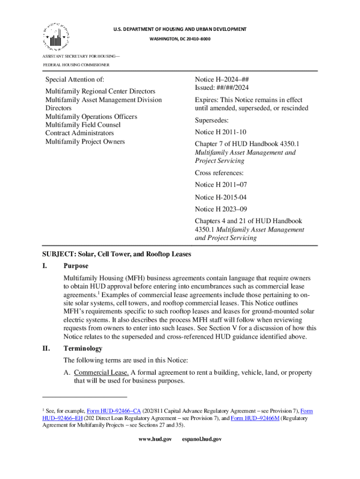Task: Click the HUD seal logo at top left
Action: [x=56, y=36]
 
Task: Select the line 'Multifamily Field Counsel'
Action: [x=83, y=125]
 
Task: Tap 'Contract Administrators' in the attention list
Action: [x=79, y=133]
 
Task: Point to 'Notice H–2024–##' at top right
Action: [x=221, y=80]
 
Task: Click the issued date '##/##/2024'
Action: [x=237, y=88]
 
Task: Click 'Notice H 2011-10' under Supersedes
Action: [x=221, y=132]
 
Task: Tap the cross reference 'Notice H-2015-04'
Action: [x=221, y=198]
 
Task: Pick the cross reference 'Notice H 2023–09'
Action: [x=221, y=210]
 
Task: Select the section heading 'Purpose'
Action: [x=76, y=266]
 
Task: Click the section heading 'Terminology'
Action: [x=83, y=348]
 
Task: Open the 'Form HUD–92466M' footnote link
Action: [x=255, y=419]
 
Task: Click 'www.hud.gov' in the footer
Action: [x=156, y=440]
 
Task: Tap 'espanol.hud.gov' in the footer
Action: [x=202, y=440]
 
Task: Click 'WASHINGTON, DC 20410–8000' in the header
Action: [x=180, y=38]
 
